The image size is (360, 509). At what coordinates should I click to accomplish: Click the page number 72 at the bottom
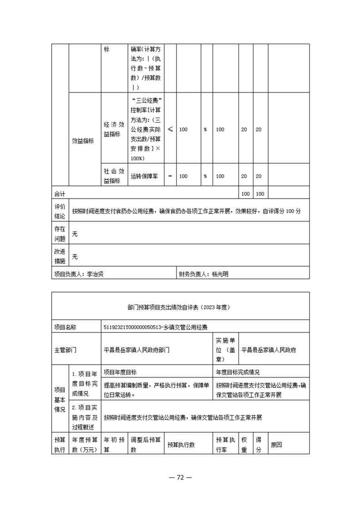click(180, 478)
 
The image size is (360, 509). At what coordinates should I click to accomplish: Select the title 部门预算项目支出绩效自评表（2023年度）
click(180, 307)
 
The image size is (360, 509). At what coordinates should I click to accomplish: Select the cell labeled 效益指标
click(83, 141)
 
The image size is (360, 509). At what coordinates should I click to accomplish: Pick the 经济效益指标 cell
click(114, 129)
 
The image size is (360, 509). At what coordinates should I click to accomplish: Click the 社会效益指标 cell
click(114, 176)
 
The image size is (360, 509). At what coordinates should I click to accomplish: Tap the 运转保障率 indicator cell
click(144, 176)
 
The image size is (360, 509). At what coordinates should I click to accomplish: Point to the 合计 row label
click(59, 194)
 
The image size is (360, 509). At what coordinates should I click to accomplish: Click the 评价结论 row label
click(60, 211)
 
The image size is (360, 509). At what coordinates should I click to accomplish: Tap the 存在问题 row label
click(60, 234)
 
